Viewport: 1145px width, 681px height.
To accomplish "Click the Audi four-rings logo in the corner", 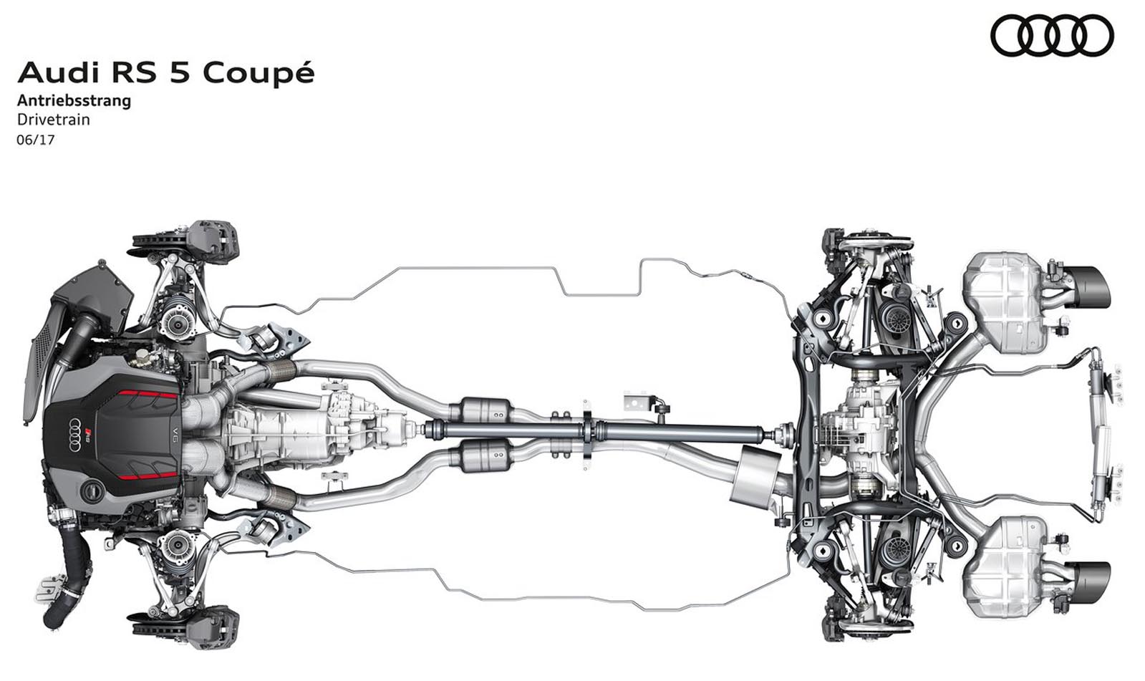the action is coord(1052,35).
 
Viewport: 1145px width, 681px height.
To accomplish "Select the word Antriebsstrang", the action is coord(74,101).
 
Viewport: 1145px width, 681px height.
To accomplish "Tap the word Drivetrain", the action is coord(54,120).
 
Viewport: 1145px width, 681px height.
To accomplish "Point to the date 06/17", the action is coord(35,140).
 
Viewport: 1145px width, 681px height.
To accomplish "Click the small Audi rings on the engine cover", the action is coord(75,435).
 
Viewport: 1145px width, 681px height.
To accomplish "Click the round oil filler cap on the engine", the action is coord(92,491).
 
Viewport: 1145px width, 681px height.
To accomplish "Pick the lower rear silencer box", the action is coord(1003,566).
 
